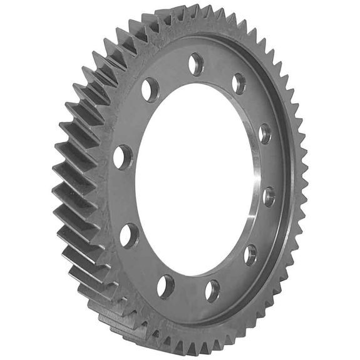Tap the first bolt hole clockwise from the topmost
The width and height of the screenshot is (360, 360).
point(239,83)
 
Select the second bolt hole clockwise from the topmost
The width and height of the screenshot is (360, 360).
point(265,133)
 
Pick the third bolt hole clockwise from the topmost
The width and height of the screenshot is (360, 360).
point(268,196)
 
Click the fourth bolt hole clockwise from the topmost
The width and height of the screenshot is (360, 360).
point(250,254)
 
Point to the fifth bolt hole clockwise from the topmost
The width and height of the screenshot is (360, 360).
point(212,290)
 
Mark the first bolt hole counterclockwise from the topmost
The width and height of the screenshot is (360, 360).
point(150,90)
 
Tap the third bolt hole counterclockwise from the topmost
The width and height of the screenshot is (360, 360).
point(128,235)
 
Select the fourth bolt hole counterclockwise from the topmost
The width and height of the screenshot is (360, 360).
point(165,286)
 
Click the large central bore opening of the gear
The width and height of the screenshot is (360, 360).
point(194,182)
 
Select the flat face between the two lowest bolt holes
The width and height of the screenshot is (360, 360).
point(188,294)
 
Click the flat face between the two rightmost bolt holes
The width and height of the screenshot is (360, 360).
point(269,164)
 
